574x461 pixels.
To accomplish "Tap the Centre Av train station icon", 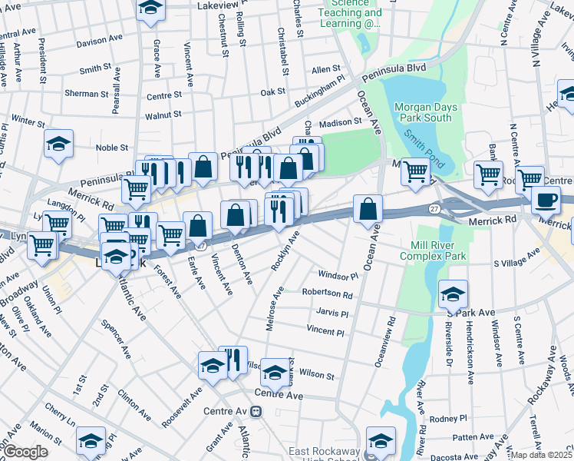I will click(257, 411).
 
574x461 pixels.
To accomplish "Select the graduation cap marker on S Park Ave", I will click(453, 294).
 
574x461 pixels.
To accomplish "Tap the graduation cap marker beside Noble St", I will click(58, 144).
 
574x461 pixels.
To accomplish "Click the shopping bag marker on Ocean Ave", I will click(368, 208).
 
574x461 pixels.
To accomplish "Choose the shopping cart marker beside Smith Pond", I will click(415, 173).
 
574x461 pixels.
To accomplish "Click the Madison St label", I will click(340, 122).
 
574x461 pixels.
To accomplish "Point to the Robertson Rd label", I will click(327, 294).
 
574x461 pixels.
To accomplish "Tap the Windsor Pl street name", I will click(338, 275).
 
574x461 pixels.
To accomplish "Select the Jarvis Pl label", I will click(332, 313).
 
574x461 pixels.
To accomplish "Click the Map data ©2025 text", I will click(540, 455).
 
